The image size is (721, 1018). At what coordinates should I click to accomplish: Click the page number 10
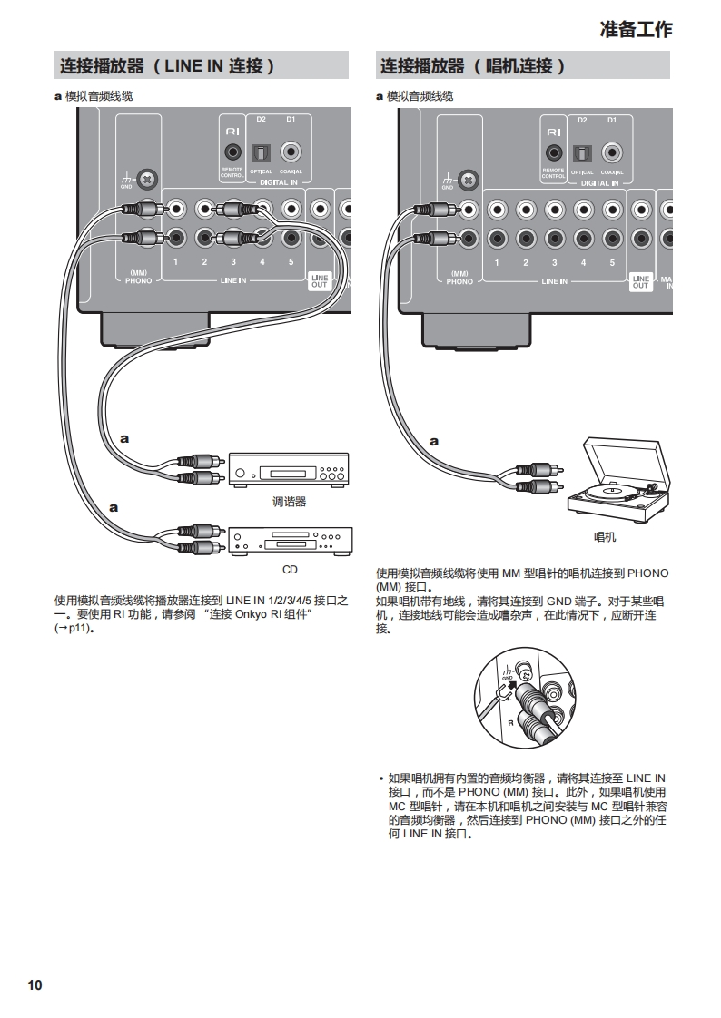pyautogui.click(x=35, y=985)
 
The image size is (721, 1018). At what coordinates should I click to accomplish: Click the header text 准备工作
pyautogui.click(x=636, y=29)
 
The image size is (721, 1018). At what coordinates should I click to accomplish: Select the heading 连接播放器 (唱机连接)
pyautogui.click(x=472, y=66)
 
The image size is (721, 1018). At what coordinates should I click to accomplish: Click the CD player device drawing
pyautogui.click(x=290, y=542)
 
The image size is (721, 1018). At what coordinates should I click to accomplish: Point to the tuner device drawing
pyautogui.click(x=290, y=467)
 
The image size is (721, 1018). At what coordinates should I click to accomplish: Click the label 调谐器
pyautogui.click(x=290, y=502)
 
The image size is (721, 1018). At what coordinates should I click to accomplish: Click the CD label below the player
pyautogui.click(x=289, y=570)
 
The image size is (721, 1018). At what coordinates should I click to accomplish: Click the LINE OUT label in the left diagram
pyautogui.click(x=320, y=281)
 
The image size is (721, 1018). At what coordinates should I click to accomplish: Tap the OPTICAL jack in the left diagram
pyautogui.click(x=261, y=152)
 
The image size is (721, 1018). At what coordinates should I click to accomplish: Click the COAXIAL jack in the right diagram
pyautogui.click(x=612, y=152)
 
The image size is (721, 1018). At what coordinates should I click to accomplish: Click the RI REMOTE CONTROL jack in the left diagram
pyautogui.click(x=232, y=152)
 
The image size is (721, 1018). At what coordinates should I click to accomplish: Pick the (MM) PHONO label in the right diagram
pyautogui.click(x=459, y=278)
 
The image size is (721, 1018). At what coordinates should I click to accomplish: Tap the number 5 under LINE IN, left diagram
pyautogui.click(x=291, y=262)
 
